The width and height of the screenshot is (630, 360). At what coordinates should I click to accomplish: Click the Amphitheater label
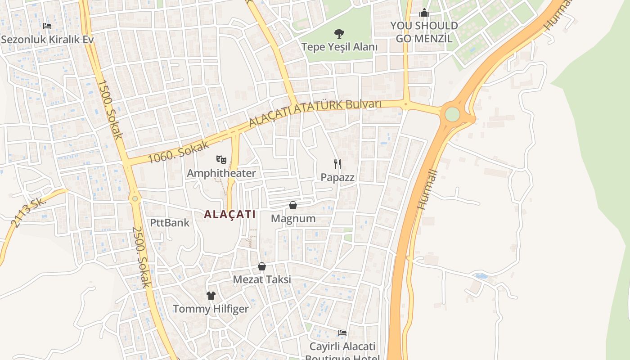pyautogui.click(x=221, y=173)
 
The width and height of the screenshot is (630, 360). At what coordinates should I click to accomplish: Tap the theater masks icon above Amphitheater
pyautogui.click(x=221, y=159)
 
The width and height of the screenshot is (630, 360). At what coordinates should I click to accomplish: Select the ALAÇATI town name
pyautogui.click(x=229, y=214)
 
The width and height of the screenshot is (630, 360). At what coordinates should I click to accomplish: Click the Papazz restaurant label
pyautogui.click(x=337, y=177)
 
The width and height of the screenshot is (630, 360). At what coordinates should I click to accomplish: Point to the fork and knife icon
pyautogui.click(x=337, y=164)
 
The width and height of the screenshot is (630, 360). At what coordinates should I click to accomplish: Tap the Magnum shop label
pyautogui.click(x=293, y=219)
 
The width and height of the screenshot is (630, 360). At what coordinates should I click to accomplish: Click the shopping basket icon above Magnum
pyautogui.click(x=293, y=205)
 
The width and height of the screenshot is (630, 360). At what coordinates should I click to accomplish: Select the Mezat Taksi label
pyautogui.click(x=262, y=279)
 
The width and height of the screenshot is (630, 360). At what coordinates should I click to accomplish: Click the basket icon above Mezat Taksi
pyautogui.click(x=262, y=266)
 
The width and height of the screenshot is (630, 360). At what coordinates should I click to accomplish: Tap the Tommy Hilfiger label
pyautogui.click(x=211, y=309)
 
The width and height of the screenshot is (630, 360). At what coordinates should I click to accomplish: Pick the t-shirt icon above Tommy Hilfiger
pyautogui.click(x=211, y=296)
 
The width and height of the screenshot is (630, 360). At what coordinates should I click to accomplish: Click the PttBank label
pyautogui.click(x=170, y=222)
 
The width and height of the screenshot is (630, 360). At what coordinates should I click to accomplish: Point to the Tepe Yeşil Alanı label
pyautogui.click(x=339, y=47)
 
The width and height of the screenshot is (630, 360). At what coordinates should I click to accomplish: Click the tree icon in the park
pyautogui.click(x=339, y=33)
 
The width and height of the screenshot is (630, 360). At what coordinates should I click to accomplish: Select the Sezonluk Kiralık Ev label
pyautogui.click(x=47, y=39)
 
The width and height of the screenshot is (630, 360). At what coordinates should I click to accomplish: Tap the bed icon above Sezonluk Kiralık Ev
pyautogui.click(x=47, y=26)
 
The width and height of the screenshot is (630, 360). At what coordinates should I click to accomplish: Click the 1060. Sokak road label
pyautogui.click(x=179, y=152)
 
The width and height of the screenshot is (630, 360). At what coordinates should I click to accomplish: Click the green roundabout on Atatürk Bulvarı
pyautogui.click(x=452, y=114)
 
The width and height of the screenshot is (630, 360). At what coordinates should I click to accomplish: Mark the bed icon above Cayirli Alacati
pyautogui.click(x=342, y=333)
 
